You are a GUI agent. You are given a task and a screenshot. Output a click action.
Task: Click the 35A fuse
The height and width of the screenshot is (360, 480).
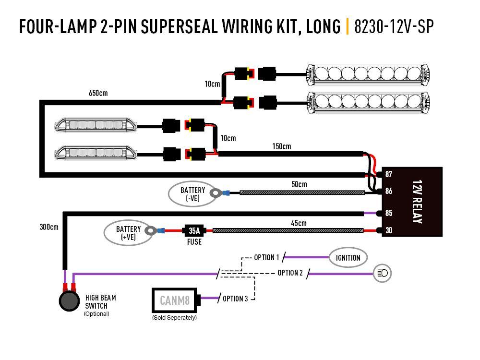[x=194, y=231]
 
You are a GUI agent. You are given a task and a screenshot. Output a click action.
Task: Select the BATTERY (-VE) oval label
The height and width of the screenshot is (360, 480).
[x=192, y=193]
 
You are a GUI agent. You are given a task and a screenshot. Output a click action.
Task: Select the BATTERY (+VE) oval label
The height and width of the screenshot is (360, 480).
[x=128, y=232]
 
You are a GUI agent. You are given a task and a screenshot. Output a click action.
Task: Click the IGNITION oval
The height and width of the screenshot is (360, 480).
[x=348, y=258]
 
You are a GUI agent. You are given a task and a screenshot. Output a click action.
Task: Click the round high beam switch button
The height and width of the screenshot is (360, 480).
[x=69, y=301]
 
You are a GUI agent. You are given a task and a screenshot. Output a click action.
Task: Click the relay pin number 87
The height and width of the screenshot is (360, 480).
[x=388, y=174]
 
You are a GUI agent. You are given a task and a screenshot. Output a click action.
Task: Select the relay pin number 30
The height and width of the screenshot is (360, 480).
[x=388, y=231]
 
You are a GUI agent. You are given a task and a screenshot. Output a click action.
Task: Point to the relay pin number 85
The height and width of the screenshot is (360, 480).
[x=388, y=213]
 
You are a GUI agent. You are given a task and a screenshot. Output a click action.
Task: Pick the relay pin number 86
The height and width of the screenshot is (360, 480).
[x=388, y=191]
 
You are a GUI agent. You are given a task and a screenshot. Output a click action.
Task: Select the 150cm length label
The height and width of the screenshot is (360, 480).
[x=281, y=146]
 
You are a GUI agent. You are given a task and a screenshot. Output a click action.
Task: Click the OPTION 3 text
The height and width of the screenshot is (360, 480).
[x=235, y=299]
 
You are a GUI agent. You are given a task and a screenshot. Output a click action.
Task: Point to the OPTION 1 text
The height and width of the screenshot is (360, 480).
[x=266, y=258]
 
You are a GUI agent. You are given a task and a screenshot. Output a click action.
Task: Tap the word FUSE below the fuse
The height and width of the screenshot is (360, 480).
[x=194, y=242]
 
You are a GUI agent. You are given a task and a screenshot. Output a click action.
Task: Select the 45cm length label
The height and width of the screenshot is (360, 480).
[x=298, y=223]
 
